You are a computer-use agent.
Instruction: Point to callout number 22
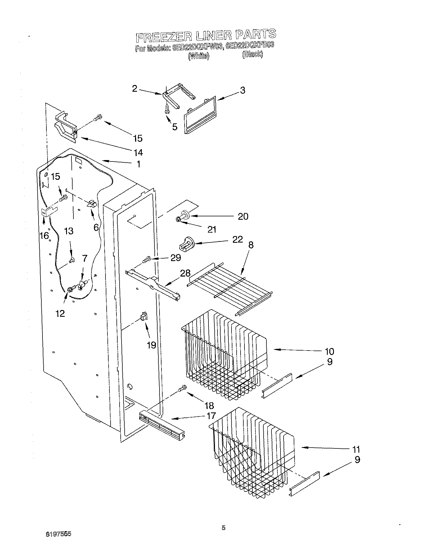[238, 239]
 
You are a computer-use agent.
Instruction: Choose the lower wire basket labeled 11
[253, 456]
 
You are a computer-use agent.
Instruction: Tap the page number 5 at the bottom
[223, 528]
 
